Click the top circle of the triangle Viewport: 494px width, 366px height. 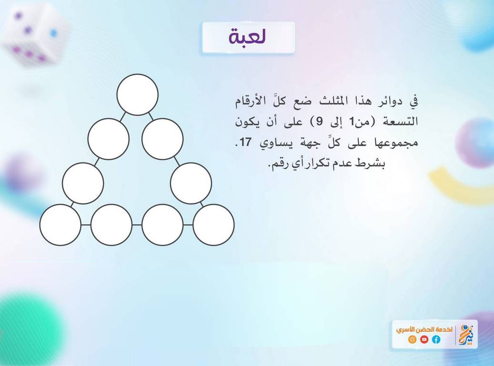coord(137,94)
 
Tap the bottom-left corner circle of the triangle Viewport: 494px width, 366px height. coord(60,225)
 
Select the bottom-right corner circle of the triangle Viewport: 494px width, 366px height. coord(213,225)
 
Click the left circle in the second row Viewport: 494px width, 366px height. coord(109,139)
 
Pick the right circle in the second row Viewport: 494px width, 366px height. coord(162,139)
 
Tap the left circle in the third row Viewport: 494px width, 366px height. coord(83,183)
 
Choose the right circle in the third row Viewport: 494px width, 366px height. coord(191,183)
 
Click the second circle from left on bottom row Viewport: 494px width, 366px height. coord(111,225)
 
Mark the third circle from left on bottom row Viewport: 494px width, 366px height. coord(162,225)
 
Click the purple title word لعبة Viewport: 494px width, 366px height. coord(248,36)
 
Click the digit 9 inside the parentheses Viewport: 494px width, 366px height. coord(320,122)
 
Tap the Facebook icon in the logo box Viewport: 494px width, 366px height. coord(436,339)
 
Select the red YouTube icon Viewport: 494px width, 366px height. coord(424,339)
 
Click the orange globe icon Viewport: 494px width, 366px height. coord(412,339)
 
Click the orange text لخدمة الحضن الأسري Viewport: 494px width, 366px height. coord(424,330)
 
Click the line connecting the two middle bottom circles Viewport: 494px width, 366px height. coord(137,225)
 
